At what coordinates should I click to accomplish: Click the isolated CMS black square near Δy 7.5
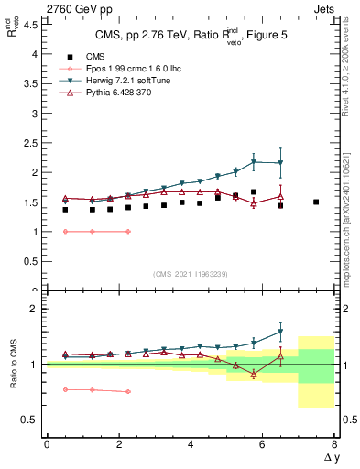(316, 202)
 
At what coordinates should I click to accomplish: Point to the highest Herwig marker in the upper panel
(254, 161)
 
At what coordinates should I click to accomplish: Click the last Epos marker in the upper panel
(127, 232)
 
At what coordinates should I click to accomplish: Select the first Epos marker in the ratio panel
(64, 389)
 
